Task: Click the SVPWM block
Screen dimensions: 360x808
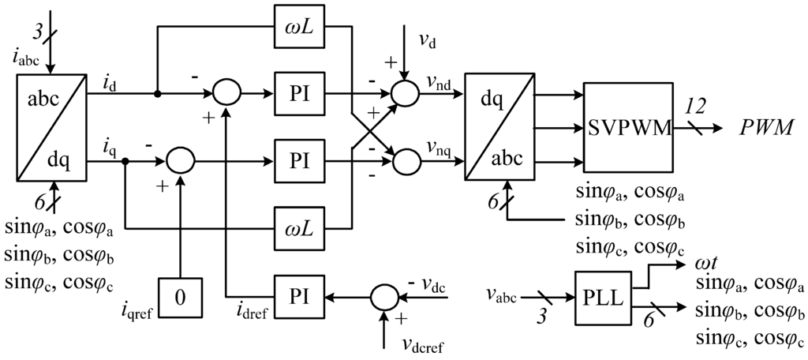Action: pos(628,128)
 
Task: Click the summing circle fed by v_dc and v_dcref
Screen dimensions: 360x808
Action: pos(383,298)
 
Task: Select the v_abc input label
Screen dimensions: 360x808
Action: pos(499,299)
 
